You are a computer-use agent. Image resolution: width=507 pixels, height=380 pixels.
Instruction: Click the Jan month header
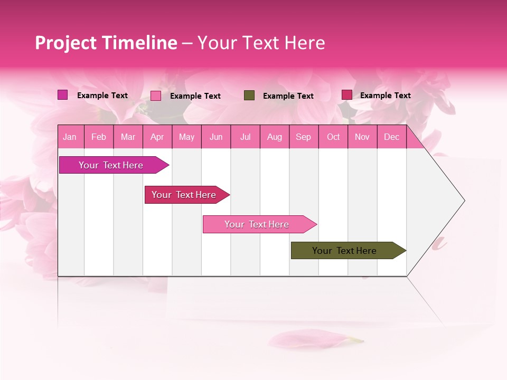[x=70, y=137]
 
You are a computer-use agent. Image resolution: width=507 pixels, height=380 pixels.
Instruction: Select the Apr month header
[x=157, y=137]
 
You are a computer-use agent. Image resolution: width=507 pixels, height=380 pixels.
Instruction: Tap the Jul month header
[x=245, y=137]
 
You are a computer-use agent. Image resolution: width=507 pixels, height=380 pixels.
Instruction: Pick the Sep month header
[x=303, y=137]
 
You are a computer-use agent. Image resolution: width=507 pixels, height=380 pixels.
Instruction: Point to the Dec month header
[x=391, y=137]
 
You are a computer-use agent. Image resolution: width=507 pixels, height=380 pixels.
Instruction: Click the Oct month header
[x=333, y=137]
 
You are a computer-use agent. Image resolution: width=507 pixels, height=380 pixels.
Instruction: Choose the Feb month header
[x=99, y=137]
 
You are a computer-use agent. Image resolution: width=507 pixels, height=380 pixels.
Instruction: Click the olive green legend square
[x=249, y=96]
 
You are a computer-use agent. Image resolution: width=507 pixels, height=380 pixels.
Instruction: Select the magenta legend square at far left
[x=62, y=95]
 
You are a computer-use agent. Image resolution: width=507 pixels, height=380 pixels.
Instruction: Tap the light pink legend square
[x=156, y=96]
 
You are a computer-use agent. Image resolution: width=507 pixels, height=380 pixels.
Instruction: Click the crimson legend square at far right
[x=346, y=95]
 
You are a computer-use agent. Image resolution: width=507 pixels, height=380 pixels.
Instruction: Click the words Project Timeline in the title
[x=106, y=43]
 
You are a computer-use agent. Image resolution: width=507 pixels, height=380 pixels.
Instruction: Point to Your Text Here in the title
[x=261, y=43]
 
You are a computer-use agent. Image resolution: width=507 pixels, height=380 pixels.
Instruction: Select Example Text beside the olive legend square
[x=288, y=96]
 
